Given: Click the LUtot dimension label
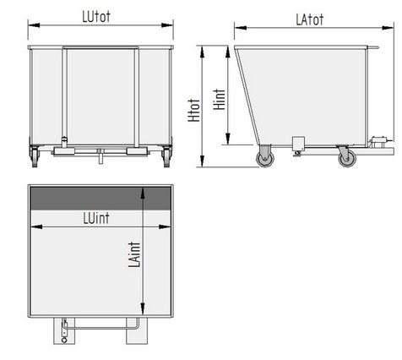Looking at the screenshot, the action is click(x=96, y=17).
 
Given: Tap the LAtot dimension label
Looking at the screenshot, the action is click(x=309, y=19).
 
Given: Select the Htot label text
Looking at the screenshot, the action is click(x=194, y=111).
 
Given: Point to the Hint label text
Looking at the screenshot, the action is click(x=220, y=99).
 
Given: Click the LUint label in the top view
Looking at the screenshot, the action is click(x=96, y=218).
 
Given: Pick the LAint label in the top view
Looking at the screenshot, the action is click(x=134, y=254).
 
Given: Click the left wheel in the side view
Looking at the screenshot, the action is click(x=265, y=159).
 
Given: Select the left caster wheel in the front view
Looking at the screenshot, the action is click(x=35, y=157).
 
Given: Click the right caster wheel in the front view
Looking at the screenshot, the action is click(x=166, y=157).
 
